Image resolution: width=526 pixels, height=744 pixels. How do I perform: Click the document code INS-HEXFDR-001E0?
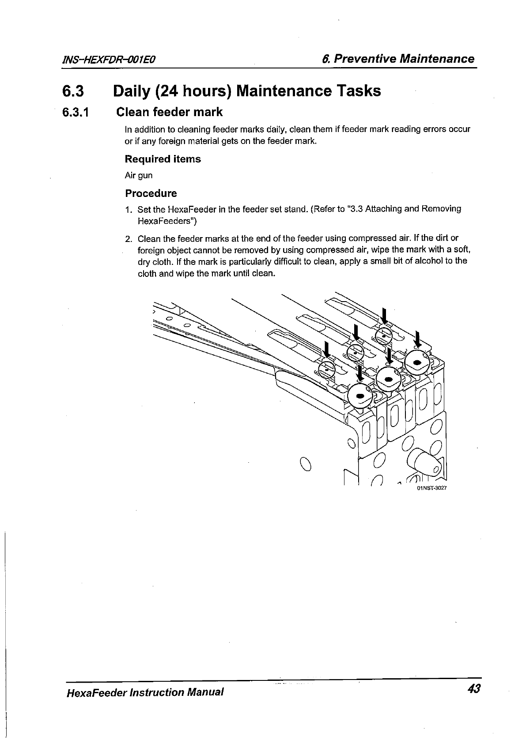(111, 60)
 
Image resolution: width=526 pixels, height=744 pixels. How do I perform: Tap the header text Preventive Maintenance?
(404, 59)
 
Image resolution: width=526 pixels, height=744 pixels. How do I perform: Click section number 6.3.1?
(76, 113)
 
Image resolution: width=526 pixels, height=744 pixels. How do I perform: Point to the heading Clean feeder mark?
(169, 112)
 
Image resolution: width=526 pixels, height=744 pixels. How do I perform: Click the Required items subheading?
(163, 159)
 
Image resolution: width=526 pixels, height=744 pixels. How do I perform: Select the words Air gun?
(139, 175)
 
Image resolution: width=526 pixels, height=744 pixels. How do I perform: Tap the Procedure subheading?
(151, 193)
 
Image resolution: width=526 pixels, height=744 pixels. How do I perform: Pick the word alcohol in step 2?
(430, 261)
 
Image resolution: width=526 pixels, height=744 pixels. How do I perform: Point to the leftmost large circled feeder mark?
(360, 396)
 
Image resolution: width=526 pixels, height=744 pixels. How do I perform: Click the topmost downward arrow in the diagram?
(384, 316)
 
